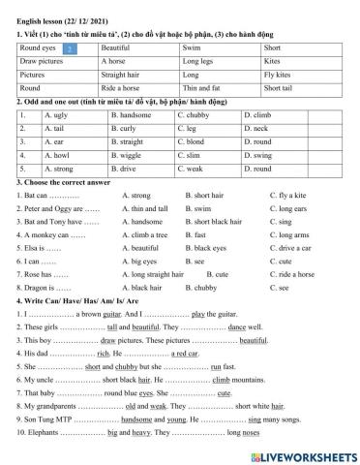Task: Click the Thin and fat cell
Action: pyautogui.click(x=202, y=87)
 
